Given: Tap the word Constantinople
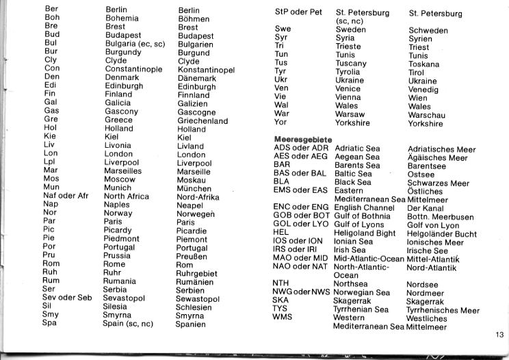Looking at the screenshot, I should click(x=133, y=70).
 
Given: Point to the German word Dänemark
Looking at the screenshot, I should click(x=196, y=79).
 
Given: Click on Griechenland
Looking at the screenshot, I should click(x=203, y=120).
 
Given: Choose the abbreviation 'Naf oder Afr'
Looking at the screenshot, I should click(x=66, y=196).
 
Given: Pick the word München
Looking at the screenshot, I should click(x=194, y=188).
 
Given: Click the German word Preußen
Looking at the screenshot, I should click(x=193, y=256).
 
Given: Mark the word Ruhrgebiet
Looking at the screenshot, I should click(x=197, y=273).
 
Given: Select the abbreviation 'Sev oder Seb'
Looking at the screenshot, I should click(x=67, y=298).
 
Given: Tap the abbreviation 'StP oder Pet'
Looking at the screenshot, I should click(x=298, y=12).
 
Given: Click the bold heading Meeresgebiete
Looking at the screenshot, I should click(x=298, y=140).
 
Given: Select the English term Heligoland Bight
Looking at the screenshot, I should click(x=365, y=233).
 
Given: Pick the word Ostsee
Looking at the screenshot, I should click(x=421, y=175).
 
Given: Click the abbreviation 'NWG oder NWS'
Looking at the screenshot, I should click(x=302, y=292).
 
